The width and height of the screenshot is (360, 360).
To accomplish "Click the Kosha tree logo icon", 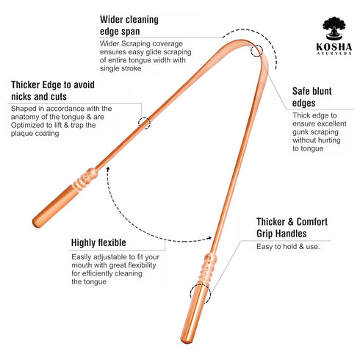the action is (x=334, y=28).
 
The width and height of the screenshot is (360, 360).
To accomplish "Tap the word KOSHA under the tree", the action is (x=334, y=47).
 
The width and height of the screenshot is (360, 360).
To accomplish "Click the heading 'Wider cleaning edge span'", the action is (x=129, y=26).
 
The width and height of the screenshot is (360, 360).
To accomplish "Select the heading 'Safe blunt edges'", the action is (x=312, y=97).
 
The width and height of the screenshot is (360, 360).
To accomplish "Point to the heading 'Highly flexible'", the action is (x=98, y=242).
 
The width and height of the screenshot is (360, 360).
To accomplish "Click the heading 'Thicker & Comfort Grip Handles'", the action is (x=292, y=228).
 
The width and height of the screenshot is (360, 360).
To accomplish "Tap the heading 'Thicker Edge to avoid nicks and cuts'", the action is (x=53, y=90).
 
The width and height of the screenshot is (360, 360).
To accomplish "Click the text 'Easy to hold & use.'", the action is (x=288, y=246).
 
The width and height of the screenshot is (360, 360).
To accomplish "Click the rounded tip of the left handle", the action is (x=36, y=223).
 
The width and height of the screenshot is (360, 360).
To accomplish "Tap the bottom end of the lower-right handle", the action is (x=186, y=341).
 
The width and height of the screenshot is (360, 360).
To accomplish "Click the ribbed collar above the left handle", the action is (x=85, y=179).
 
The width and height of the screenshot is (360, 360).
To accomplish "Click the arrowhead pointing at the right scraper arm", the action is (x=209, y=238).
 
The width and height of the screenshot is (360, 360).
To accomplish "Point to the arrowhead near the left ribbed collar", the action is (x=108, y=169).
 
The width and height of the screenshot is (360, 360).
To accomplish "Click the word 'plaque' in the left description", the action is (x=21, y=134).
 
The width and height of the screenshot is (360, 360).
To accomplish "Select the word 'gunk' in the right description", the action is (x=300, y=132).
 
